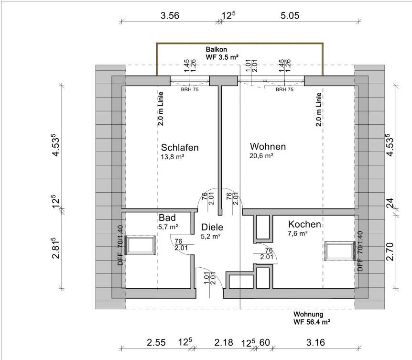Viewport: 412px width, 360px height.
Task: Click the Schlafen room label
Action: point(180,147)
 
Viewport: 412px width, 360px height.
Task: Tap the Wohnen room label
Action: point(268,146)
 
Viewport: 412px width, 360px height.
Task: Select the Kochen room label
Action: point(304,224)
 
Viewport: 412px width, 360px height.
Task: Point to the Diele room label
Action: point(212,227)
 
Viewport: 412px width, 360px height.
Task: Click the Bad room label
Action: point(167,218)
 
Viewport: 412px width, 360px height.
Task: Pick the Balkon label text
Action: point(216,49)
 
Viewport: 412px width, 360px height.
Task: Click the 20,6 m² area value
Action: point(261,156)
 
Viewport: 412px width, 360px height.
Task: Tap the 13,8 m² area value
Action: point(173,157)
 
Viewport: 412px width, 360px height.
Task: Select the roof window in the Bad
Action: point(140,245)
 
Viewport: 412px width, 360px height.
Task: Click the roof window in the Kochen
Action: point(339,251)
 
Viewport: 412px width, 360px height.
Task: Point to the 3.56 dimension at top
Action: point(170,15)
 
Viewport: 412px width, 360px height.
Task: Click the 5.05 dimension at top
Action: point(290,15)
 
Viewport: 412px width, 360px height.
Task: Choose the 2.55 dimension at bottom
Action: point(156,343)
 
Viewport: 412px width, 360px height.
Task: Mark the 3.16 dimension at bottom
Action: point(315,342)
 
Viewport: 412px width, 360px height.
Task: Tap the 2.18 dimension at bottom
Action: point(224,342)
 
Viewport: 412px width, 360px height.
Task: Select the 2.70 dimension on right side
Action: point(390,251)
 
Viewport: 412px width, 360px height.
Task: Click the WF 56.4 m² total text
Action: point(312,322)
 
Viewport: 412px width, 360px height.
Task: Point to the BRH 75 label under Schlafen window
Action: point(190,89)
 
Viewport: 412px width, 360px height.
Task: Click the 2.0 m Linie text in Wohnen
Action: point(319,109)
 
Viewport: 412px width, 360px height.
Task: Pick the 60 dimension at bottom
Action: point(265,342)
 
